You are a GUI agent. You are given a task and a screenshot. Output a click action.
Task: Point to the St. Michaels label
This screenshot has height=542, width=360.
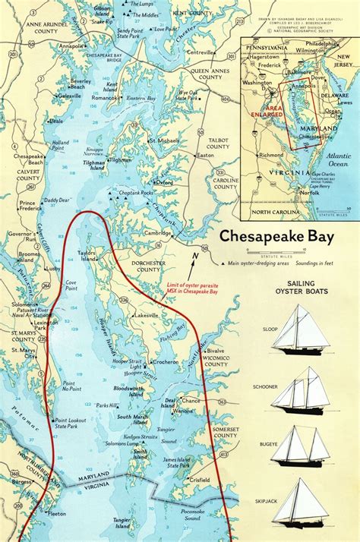163,140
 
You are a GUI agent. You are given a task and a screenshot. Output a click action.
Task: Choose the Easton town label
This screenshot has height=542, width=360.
205,155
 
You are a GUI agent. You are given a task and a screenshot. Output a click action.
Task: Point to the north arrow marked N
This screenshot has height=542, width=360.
195,262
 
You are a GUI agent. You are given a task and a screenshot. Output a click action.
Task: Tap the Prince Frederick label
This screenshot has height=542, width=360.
28,206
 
